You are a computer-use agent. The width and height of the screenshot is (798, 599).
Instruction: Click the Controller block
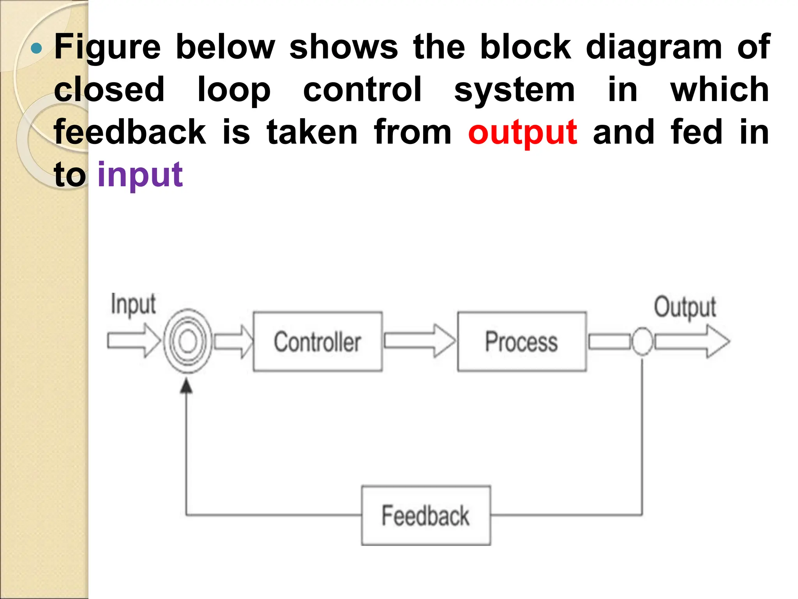(318, 342)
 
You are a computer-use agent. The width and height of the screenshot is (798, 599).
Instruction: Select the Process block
(521, 342)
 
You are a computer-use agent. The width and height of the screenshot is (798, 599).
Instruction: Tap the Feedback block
(426, 516)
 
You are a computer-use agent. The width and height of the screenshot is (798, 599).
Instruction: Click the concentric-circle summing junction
(188, 341)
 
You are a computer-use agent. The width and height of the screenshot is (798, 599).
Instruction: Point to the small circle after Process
(642, 341)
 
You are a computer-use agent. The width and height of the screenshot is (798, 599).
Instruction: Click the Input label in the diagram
(133, 304)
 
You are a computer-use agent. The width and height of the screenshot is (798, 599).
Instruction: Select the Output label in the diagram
(685, 307)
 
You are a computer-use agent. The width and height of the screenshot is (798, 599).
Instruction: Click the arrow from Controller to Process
(419, 341)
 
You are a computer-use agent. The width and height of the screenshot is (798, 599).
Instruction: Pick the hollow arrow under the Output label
(692, 341)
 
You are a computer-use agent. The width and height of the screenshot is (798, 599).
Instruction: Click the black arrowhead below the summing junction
(187, 386)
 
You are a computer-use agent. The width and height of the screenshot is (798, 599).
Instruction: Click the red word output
(523, 133)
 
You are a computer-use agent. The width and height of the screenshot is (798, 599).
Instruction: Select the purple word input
(140, 174)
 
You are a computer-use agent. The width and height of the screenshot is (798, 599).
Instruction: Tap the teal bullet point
(36, 48)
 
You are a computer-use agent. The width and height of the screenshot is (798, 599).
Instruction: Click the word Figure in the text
(107, 47)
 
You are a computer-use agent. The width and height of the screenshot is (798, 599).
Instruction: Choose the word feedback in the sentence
(130, 132)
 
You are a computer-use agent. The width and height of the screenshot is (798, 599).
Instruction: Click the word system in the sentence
(514, 90)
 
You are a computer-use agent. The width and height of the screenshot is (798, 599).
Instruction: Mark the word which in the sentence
(719, 90)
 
